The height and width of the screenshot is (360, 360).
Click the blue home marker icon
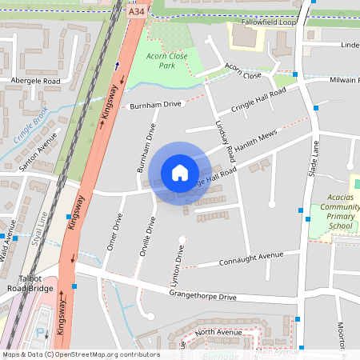coord(180,173)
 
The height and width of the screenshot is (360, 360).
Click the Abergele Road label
coord(35,82)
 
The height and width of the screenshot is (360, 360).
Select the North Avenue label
coord(217,332)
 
